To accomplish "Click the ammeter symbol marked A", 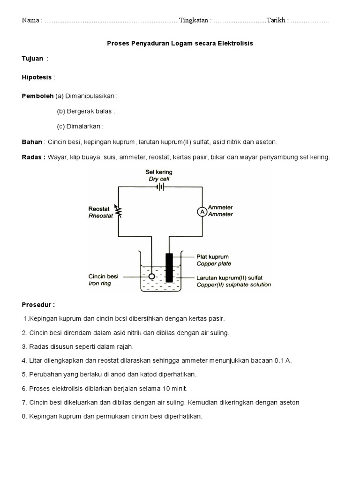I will point(202,212).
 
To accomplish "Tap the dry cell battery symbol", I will point(160,186).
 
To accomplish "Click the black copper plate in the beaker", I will point(169,268).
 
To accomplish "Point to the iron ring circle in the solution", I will point(151,277).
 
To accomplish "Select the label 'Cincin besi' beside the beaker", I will point(103,277).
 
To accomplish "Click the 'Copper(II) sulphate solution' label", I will point(233,285).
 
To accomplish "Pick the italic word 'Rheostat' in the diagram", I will point(101,216).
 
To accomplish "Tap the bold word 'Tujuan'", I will point(32,59).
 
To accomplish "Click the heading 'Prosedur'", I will point(38,305).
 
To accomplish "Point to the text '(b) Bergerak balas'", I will point(85,111).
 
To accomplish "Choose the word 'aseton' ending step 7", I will point(289,402).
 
